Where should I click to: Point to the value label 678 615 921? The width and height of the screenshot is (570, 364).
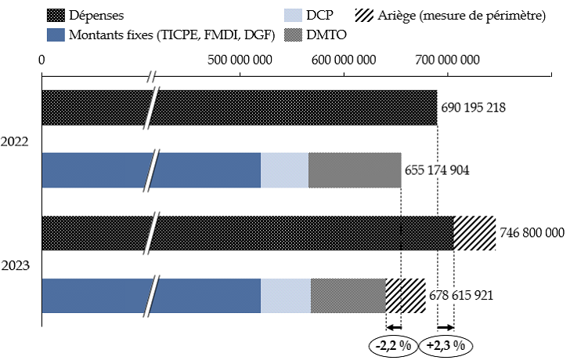point(461,296)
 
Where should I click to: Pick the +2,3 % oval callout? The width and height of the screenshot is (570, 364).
point(447,344)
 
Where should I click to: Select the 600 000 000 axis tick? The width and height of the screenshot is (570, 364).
point(345,60)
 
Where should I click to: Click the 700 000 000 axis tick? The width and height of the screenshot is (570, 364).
point(447,60)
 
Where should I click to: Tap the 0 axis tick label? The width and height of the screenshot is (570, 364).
point(41,60)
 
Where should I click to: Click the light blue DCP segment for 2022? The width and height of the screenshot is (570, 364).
point(284,170)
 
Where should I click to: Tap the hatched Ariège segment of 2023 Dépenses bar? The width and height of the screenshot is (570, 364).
point(474,233)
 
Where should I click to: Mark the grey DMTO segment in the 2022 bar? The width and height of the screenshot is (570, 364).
point(355,170)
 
